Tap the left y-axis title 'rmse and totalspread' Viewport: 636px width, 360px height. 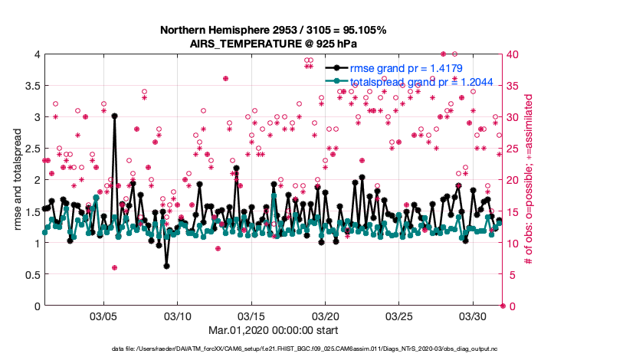(x=17, y=180)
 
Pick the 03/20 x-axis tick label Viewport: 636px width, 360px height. (x=326, y=316)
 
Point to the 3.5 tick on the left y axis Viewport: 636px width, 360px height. (x=31, y=86)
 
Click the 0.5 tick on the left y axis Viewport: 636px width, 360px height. (x=31, y=274)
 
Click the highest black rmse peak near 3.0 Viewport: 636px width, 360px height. (x=114, y=116)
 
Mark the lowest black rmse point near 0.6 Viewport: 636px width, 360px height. (x=166, y=266)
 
